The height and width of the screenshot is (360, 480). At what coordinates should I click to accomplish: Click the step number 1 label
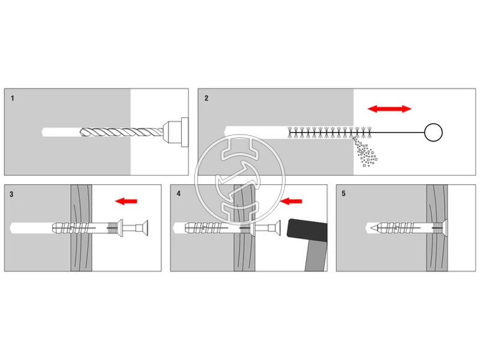(x=12, y=98)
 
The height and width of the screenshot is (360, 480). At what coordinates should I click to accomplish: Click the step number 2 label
(x=206, y=98)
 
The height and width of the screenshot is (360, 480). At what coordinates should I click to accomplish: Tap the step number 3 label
(x=12, y=194)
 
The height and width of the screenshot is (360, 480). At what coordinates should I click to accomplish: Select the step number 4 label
(x=178, y=194)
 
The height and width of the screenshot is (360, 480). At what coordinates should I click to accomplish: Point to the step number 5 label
(x=344, y=194)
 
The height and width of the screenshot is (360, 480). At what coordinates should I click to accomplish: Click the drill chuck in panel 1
(x=176, y=131)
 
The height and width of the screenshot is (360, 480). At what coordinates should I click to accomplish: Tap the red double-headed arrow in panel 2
(x=389, y=109)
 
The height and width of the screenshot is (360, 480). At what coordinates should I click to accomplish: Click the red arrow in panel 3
(x=126, y=202)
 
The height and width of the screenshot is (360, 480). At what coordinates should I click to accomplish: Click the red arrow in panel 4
(x=292, y=202)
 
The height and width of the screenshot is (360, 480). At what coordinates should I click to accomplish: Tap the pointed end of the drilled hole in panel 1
(x=43, y=131)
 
